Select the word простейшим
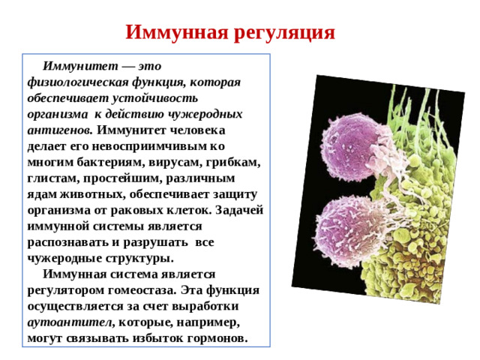click(x=118, y=178)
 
